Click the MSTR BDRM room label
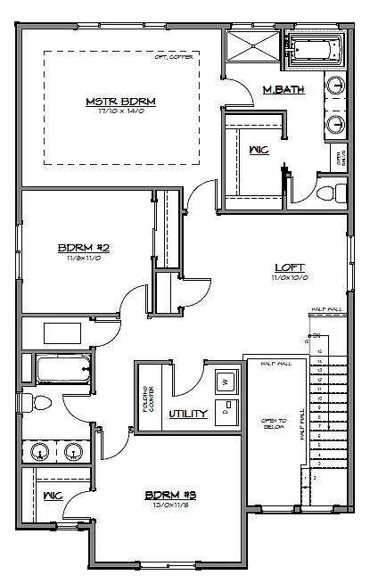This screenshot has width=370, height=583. point(120,102)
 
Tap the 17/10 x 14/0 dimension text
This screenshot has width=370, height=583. point(120,112)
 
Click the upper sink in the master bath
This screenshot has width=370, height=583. point(336,87)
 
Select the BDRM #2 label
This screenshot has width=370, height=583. point(83,247)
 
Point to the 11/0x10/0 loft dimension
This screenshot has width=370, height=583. point(290,277)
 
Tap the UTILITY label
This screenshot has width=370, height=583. point(188,413)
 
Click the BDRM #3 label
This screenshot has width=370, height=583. point(169,494)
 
